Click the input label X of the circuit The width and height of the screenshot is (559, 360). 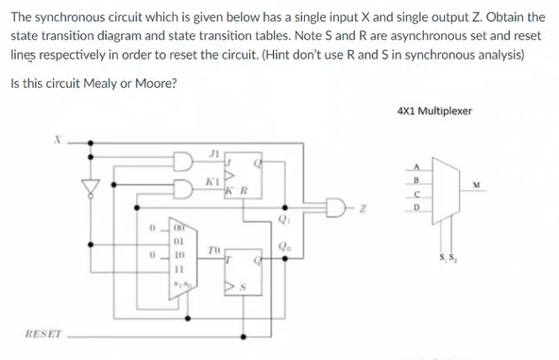click(56, 139)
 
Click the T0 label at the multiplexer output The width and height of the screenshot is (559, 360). click(214, 250)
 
